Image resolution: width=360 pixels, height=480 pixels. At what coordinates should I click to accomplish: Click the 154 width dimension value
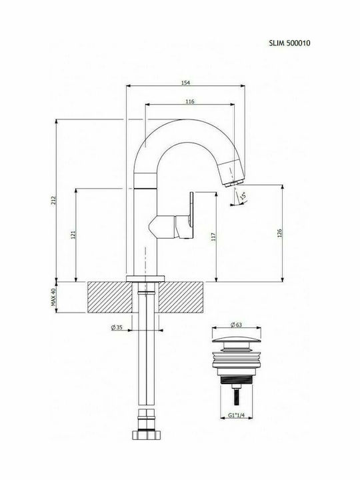click(x=185, y=82)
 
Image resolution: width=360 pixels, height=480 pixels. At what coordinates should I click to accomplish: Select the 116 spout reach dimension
click(x=190, y=101)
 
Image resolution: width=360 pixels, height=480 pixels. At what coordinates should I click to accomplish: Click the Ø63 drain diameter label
click(x=235, y=325)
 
